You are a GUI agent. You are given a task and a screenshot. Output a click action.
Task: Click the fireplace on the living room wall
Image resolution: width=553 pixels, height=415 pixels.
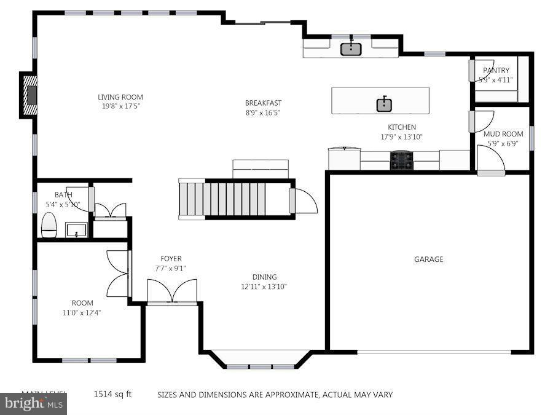point(29,95)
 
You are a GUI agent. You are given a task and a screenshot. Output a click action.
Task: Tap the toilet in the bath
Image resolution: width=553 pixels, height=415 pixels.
point(49,225)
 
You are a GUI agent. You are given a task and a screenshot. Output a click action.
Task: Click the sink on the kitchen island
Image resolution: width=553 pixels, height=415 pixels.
point(385,104)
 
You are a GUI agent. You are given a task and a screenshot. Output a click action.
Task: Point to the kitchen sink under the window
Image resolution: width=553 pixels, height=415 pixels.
point(351,48)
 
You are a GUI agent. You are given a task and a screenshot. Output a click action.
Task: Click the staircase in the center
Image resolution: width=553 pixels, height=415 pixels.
point(233,199)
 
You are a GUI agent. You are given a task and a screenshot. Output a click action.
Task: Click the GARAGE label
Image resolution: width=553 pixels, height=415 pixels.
point(428,259)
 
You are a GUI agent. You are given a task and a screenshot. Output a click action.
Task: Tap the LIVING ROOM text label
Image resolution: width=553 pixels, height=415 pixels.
point(120,97)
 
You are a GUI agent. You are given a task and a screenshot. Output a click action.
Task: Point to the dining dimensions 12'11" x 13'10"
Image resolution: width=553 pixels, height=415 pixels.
point(264,287)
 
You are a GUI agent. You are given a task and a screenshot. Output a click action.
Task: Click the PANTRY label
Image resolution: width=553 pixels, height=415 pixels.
point(496,71)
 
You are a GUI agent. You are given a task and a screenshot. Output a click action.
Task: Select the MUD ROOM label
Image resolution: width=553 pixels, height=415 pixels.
point(503,134)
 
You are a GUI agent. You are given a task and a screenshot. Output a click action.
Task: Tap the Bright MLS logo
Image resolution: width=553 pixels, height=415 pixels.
point(33,404)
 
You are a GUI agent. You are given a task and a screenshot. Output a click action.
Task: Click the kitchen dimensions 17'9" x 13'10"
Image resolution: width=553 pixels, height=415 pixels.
point(402,137)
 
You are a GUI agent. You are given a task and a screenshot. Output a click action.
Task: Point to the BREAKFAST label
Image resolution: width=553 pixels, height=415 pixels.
point(263,103)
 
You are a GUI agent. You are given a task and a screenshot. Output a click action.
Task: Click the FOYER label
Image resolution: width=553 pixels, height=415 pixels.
point(171,259)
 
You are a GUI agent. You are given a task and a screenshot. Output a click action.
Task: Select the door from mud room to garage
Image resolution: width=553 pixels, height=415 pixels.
point(492,161)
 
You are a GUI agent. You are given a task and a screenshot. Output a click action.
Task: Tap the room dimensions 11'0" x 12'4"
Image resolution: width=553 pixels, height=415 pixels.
point(82,312)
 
